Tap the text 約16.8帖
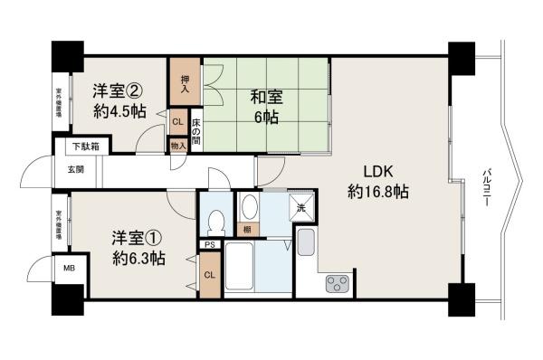(378, 192)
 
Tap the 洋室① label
(138, 239)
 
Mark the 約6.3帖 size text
(138, 259)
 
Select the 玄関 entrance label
(74, 168)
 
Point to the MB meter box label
(69, 268)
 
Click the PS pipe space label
(209, 244)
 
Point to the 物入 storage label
(177, 143)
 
